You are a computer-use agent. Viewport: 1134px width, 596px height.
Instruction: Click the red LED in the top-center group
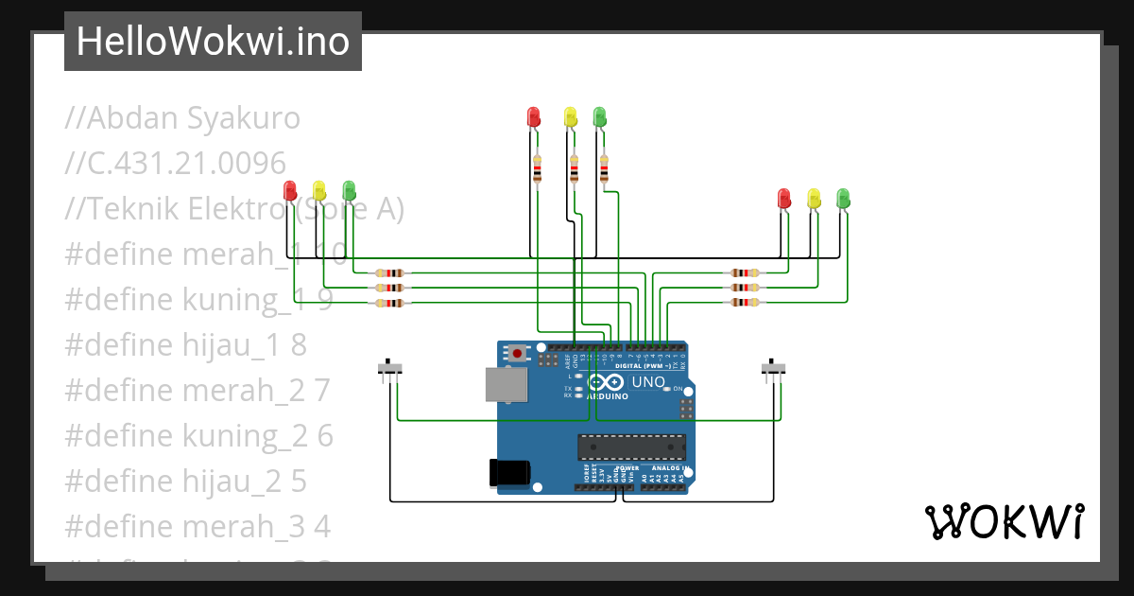[x=533, y=117]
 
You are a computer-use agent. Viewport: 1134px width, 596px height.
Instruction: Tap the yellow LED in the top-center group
[x=570, y=117]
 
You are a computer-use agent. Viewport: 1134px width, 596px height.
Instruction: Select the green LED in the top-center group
[x=599, y=117]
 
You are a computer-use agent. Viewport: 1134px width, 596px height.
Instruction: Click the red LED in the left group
[x=290, y=190]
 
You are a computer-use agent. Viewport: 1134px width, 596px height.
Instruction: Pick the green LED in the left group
[x=349, y=190]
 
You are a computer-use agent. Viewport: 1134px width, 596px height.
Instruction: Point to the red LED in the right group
[x=783, y=198]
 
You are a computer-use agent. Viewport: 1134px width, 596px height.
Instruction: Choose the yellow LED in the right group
[x=814, y=198]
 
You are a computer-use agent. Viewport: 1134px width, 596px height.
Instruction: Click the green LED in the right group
[x=843, y=198]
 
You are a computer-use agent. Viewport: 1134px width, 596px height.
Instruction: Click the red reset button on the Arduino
[x=517, y=354]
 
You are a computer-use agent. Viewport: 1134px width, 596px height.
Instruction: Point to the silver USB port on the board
[x=506, y=385]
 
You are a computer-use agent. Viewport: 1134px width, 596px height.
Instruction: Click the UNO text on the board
[x=648, y=382]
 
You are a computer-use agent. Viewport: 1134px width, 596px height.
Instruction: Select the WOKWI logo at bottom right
[x=1004, y=521]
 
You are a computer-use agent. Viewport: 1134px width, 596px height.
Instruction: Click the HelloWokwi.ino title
[x=213, y=42]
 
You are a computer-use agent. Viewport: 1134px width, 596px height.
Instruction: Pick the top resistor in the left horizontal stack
[x=389, y=272]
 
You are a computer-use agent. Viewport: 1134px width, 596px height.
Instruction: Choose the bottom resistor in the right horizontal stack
[x=745, y=303]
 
